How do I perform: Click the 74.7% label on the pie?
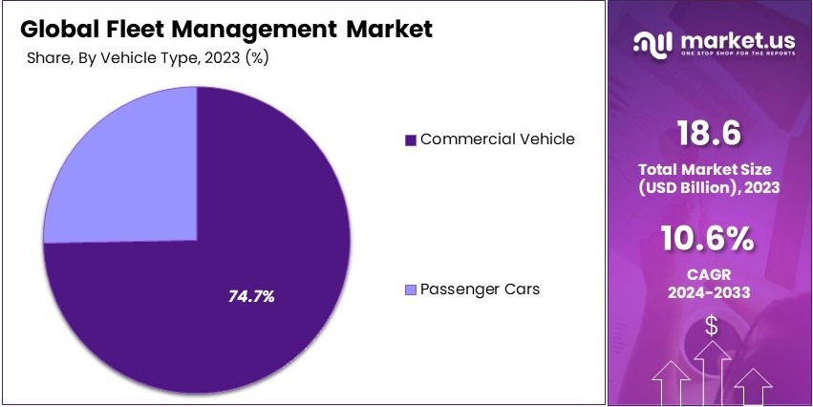(x=251, y=296)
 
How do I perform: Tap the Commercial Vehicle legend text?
(x=497, y=139)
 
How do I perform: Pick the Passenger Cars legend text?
(x=480, y=289)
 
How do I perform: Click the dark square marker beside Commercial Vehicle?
(x=411, y=139)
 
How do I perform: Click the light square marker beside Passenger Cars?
(x=411, y=289)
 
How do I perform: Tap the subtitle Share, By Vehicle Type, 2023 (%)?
(x=146, y=57)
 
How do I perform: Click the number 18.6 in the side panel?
(x=709, y=133)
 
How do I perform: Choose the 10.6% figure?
(x=709, y=237)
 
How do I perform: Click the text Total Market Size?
(x=709, y=170)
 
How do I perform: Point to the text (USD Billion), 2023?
(x=709, y=188)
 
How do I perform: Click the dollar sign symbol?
(x=711, y=326)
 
